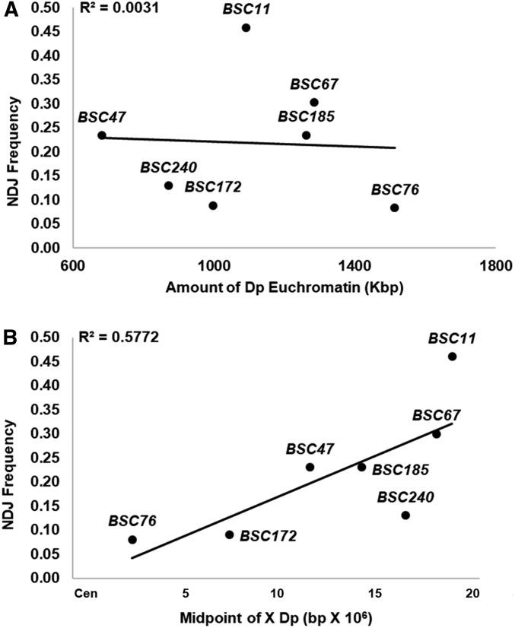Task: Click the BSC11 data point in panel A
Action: point(246,28)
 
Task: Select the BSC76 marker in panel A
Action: point(394,208)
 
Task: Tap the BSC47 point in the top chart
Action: point(102,135)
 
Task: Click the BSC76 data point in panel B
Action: point(132,540)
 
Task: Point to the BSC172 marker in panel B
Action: point(230,534)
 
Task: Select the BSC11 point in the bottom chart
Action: point(453,357)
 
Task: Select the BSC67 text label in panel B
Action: point(437,415)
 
